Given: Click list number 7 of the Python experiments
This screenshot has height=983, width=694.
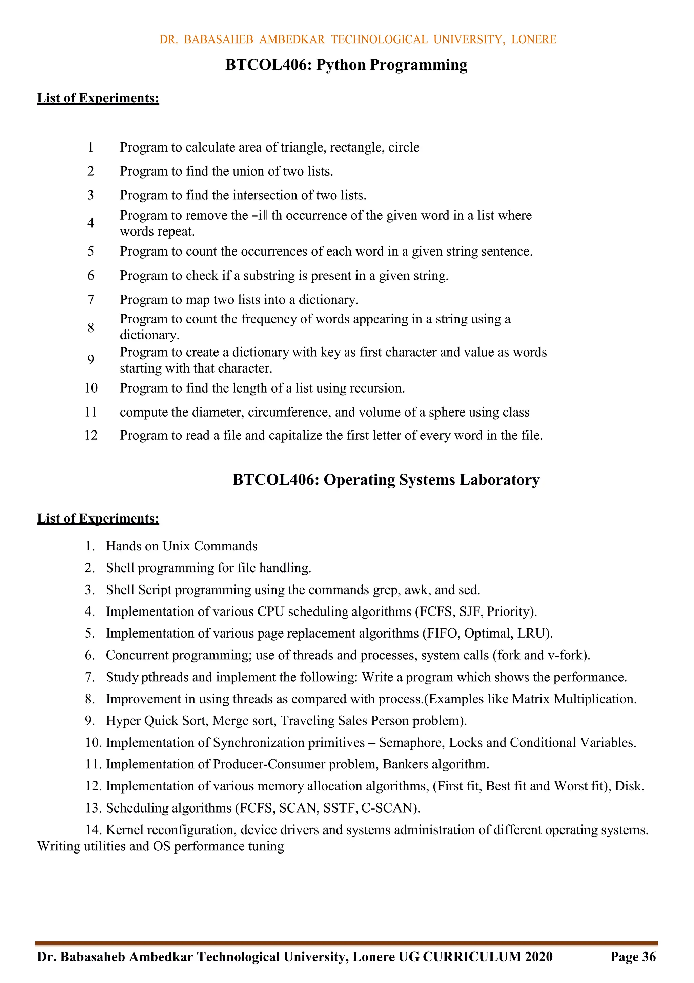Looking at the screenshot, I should click(91, 300).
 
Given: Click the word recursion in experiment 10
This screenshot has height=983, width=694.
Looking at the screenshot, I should click(377, 388).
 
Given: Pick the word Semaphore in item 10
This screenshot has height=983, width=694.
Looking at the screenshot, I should click(411, 743).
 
